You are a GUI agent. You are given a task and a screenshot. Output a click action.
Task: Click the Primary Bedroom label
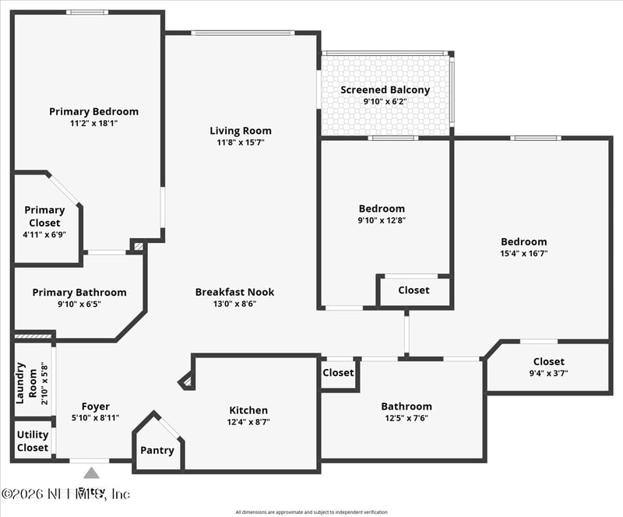tap(93, 111)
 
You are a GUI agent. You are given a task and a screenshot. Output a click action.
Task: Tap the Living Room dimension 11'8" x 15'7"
tap(241, 142)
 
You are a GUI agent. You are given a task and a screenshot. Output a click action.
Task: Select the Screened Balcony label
tap(385, 90)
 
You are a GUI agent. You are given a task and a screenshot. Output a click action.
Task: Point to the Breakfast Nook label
tap(234, 292)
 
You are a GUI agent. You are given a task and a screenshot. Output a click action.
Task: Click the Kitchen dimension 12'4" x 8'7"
tap(248, 422)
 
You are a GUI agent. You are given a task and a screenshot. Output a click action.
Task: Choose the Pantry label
tap(157, 450)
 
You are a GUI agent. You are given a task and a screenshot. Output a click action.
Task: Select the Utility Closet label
tap(33, 441)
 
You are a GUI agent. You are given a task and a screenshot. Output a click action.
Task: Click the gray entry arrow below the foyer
tap(91, 472)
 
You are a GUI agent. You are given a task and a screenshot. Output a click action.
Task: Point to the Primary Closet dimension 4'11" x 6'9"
tap(44, 234)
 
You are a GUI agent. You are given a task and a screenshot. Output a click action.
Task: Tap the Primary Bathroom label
tap(79, 292)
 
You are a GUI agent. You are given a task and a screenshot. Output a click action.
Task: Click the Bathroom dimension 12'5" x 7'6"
tap(406, 418)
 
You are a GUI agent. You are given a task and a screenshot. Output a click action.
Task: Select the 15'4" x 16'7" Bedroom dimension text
tap(523, 253)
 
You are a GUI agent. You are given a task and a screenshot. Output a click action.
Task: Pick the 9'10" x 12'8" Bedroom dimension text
tap(382, 220)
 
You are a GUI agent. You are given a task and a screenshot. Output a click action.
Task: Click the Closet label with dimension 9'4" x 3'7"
tap(549, 361)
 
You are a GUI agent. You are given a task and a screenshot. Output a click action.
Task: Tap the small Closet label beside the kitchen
tap(338, 372)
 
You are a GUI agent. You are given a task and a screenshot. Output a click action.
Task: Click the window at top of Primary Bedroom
tap(86, 12)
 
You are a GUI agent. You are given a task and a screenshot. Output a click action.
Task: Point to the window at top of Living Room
tap(242, 33)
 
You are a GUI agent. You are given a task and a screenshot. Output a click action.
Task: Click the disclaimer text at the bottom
tap(311, 512)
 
